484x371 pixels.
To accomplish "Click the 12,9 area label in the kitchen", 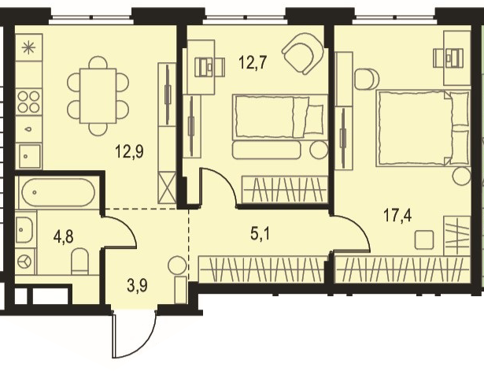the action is click(x=129, y=152).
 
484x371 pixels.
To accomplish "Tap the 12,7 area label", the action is click(x=253, y=63).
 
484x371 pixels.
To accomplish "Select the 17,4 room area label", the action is click(x=397, y=215).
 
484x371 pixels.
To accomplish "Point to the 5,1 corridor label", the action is click(x=260, y=234).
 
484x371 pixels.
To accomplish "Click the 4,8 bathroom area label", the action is click(x=63, y=237).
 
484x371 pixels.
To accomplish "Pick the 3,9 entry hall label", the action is click(x=137, y=285).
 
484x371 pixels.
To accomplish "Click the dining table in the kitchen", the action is click(x=98, y=96).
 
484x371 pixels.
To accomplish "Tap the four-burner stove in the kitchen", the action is click(x=28, y=102).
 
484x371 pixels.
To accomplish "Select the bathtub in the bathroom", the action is click(x=58, y=192).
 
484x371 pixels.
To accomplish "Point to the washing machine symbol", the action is click(x=25, y=262).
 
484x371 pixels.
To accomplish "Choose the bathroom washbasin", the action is click(x=24, y=230).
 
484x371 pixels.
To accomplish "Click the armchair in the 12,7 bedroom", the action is click(x=303, y=54).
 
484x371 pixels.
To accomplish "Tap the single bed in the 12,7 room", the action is click(x=279, y=116).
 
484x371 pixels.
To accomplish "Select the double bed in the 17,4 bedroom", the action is click(x=423, y=128).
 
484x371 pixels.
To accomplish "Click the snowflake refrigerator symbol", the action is click(x=28, y=47).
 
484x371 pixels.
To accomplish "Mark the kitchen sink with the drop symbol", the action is click(x=28, y=129).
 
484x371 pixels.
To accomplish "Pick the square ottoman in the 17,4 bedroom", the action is click(x=424, y=240).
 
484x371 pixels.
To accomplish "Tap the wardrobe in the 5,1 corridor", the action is click(x=262, y=269).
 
